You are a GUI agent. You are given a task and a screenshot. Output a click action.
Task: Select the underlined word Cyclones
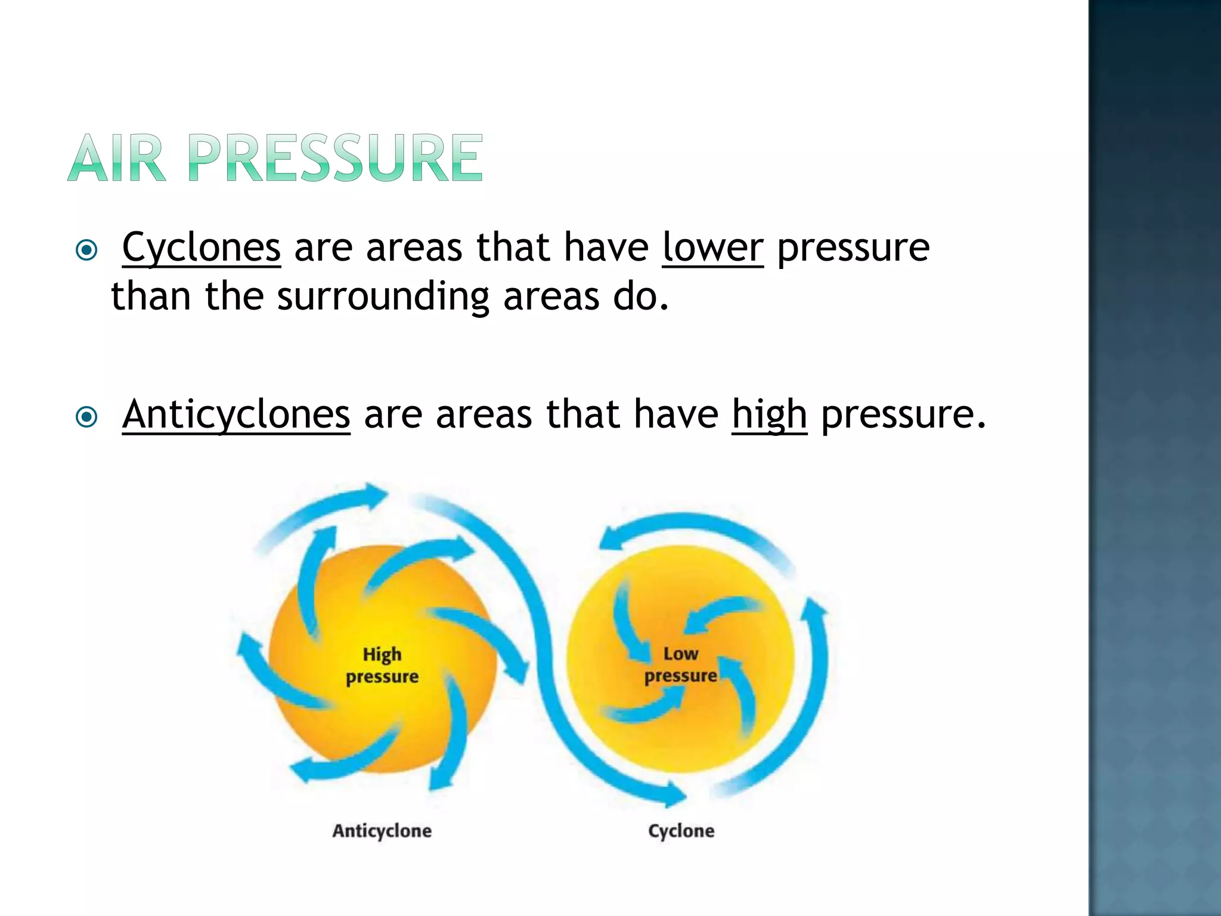click(x=201, y=247)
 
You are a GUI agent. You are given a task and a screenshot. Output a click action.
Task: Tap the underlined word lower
click(x=712, y=247)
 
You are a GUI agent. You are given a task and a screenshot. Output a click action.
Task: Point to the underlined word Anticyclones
click(x=236, y=414)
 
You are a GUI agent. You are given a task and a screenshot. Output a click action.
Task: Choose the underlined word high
click(x=769, y=414)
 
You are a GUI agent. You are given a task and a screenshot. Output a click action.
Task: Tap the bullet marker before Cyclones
click(x=87, y=250)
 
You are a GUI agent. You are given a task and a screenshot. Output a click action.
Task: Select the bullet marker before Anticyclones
click(x=87, y=417)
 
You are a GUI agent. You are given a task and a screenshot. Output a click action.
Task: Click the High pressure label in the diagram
click(x=382, y=666)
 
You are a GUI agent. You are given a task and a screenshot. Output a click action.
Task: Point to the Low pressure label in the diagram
click(x=681, y=665)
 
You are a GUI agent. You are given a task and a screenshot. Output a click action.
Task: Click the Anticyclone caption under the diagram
click(x=382, y=831)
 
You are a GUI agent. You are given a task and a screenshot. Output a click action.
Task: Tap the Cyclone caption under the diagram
click(x=681, y=831)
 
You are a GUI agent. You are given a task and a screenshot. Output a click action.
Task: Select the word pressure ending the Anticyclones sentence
click(x=897, y=414)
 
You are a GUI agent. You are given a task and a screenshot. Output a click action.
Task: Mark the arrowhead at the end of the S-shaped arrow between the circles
click(x=674, y=794)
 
